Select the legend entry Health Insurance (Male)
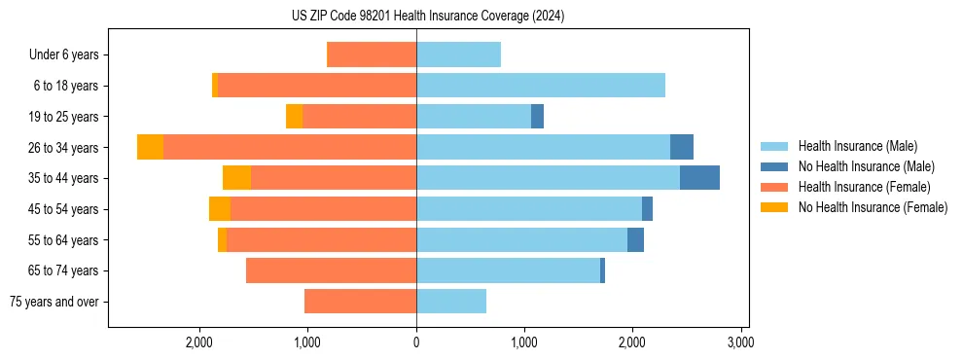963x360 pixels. pyautogui.click(x=857, y=146)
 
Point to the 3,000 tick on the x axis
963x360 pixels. pyautogui.click(x=740, y=342)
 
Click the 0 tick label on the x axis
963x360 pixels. pyautogui.click(x=416, y=342)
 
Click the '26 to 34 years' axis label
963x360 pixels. pyautogui.click(x=63, y=148)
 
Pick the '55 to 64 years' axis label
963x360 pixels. pyautogui.click(x=63, y=240)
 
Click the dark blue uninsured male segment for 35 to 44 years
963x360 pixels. pyautogui.click(x=699, y=178)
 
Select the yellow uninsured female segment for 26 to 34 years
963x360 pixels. pyautogui.click(x=150, y=147)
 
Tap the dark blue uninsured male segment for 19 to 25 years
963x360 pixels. pyautogui.click(x=537, y=117)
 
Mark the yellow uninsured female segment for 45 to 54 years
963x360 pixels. pyautogui.click(x=220, y=209)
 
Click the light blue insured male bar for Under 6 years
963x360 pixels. pyautogui.click(x=458, y=54)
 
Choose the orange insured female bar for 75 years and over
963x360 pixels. pyautogui.click(x=360, y=302)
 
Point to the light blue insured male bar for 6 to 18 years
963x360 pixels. pyautogui.click(x=541, y=86)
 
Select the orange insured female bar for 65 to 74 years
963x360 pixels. pyautogui.click(x=331, y=270)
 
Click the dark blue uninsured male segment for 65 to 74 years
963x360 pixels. pyautogui.click(x=602, y=270)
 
